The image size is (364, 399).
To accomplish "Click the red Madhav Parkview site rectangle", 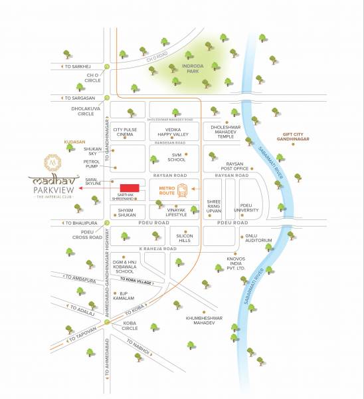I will click(130, 187).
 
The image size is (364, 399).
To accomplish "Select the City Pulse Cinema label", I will click(125, 132).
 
